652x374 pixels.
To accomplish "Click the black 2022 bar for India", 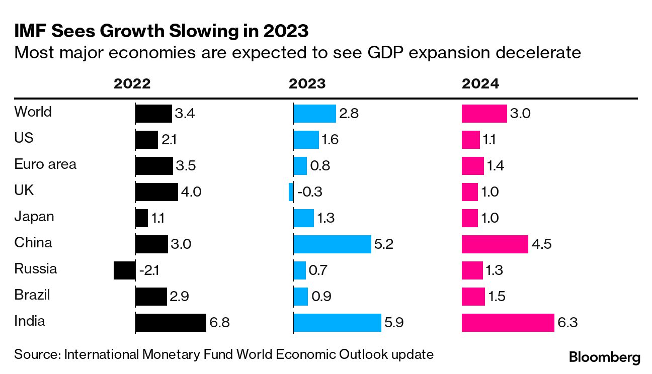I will [x=171, y=323].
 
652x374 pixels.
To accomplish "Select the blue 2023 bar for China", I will [x=332, y=244].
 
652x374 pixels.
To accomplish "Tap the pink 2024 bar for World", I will [x=484, y=114].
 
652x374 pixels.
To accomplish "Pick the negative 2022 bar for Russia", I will [x=124, y=270].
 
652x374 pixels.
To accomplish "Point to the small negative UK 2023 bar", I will [x=291, y=192].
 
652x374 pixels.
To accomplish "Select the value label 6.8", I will [x=219, y=323].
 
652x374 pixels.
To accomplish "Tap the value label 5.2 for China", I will [x=384, y=244].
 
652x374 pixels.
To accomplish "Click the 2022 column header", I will [x=132, y=84].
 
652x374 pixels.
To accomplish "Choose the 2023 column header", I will [x=307, y=84].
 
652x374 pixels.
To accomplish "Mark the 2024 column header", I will [x=480, y=84].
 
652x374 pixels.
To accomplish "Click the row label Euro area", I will [x=45, y=164].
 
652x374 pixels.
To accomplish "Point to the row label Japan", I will [x=34, y=216].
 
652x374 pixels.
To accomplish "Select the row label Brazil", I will [x=32, y=295].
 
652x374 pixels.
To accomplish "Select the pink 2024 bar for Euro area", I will [x=473, y=166].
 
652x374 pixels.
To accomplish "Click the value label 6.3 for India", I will [x=567, y=323].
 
